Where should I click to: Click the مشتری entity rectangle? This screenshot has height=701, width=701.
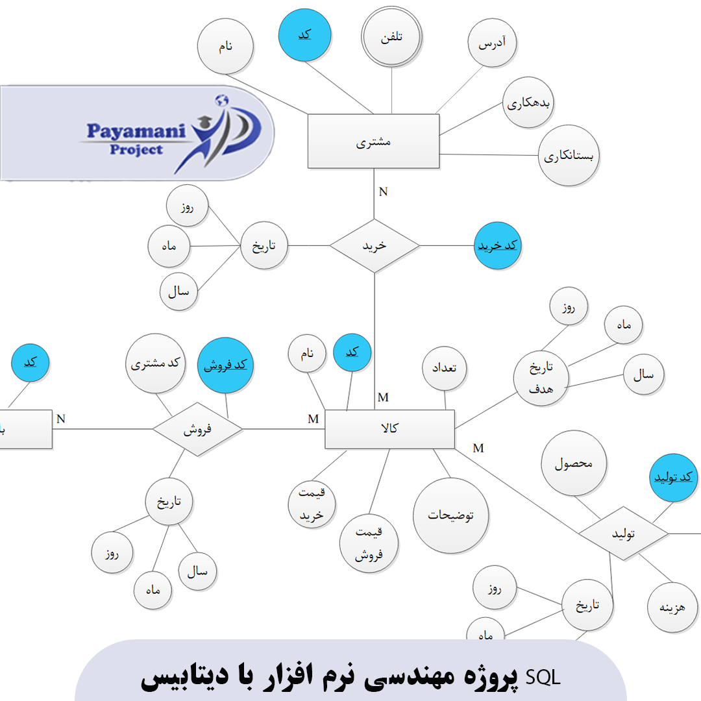pos(373,141)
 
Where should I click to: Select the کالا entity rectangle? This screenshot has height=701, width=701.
pos(389,428)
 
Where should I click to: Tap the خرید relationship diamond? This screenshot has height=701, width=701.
pos(375,245)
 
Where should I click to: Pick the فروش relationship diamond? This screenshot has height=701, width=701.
pos(198,428)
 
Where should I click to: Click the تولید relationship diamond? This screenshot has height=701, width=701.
pos(623,534)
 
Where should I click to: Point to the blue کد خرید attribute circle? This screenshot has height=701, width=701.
pos(498,246)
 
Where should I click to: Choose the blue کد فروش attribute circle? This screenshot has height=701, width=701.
pos(225,365)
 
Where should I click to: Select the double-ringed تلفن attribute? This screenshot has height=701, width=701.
pos(392,37)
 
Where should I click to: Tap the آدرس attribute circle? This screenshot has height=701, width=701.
pos(492,43)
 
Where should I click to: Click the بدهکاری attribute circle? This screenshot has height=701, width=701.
pos(528,103)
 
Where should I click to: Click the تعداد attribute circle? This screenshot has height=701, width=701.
pos(445,367)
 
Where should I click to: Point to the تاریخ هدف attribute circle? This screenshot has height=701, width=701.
pos(541,376)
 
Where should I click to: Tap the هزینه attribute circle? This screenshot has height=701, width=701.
pos(674,608)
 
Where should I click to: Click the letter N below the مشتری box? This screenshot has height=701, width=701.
pos(383,191)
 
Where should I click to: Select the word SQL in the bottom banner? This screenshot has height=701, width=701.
pos(545,678)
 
